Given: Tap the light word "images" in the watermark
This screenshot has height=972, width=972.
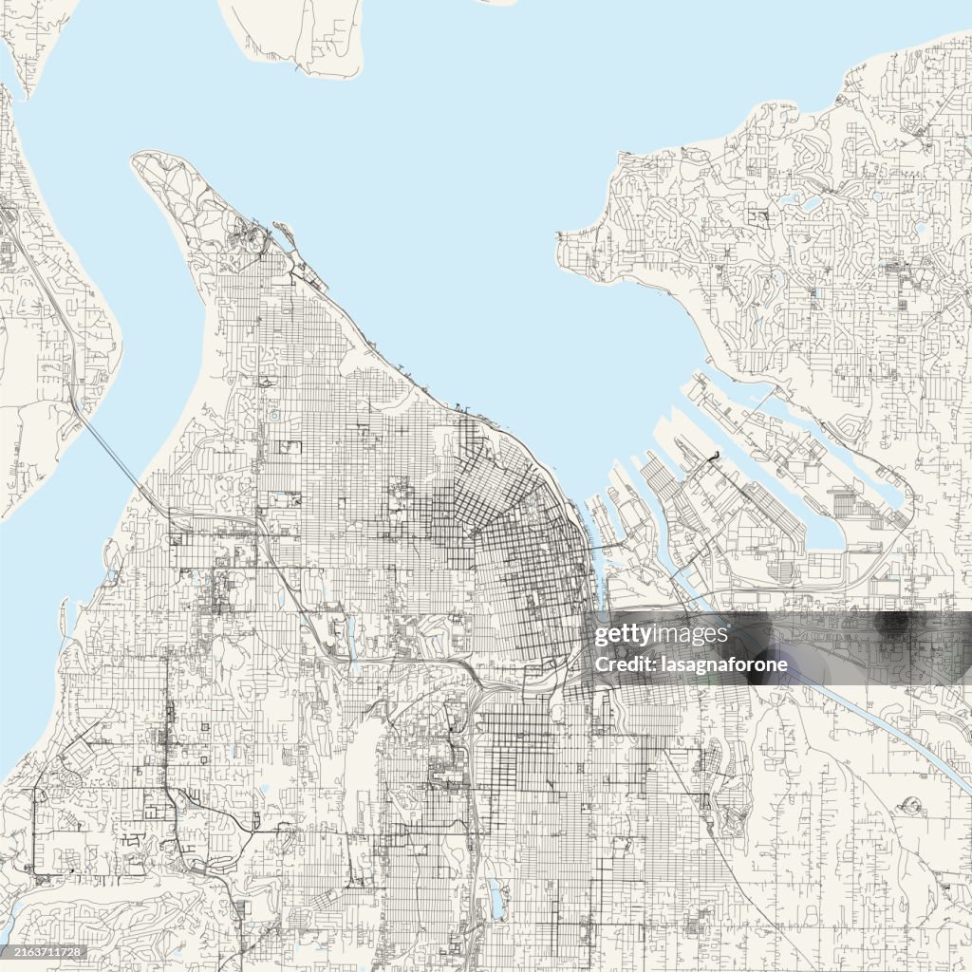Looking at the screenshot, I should point(693,634).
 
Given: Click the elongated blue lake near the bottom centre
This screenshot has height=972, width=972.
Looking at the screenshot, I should point(495,898).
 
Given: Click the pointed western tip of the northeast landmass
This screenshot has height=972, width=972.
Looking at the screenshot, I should point(562,234).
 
